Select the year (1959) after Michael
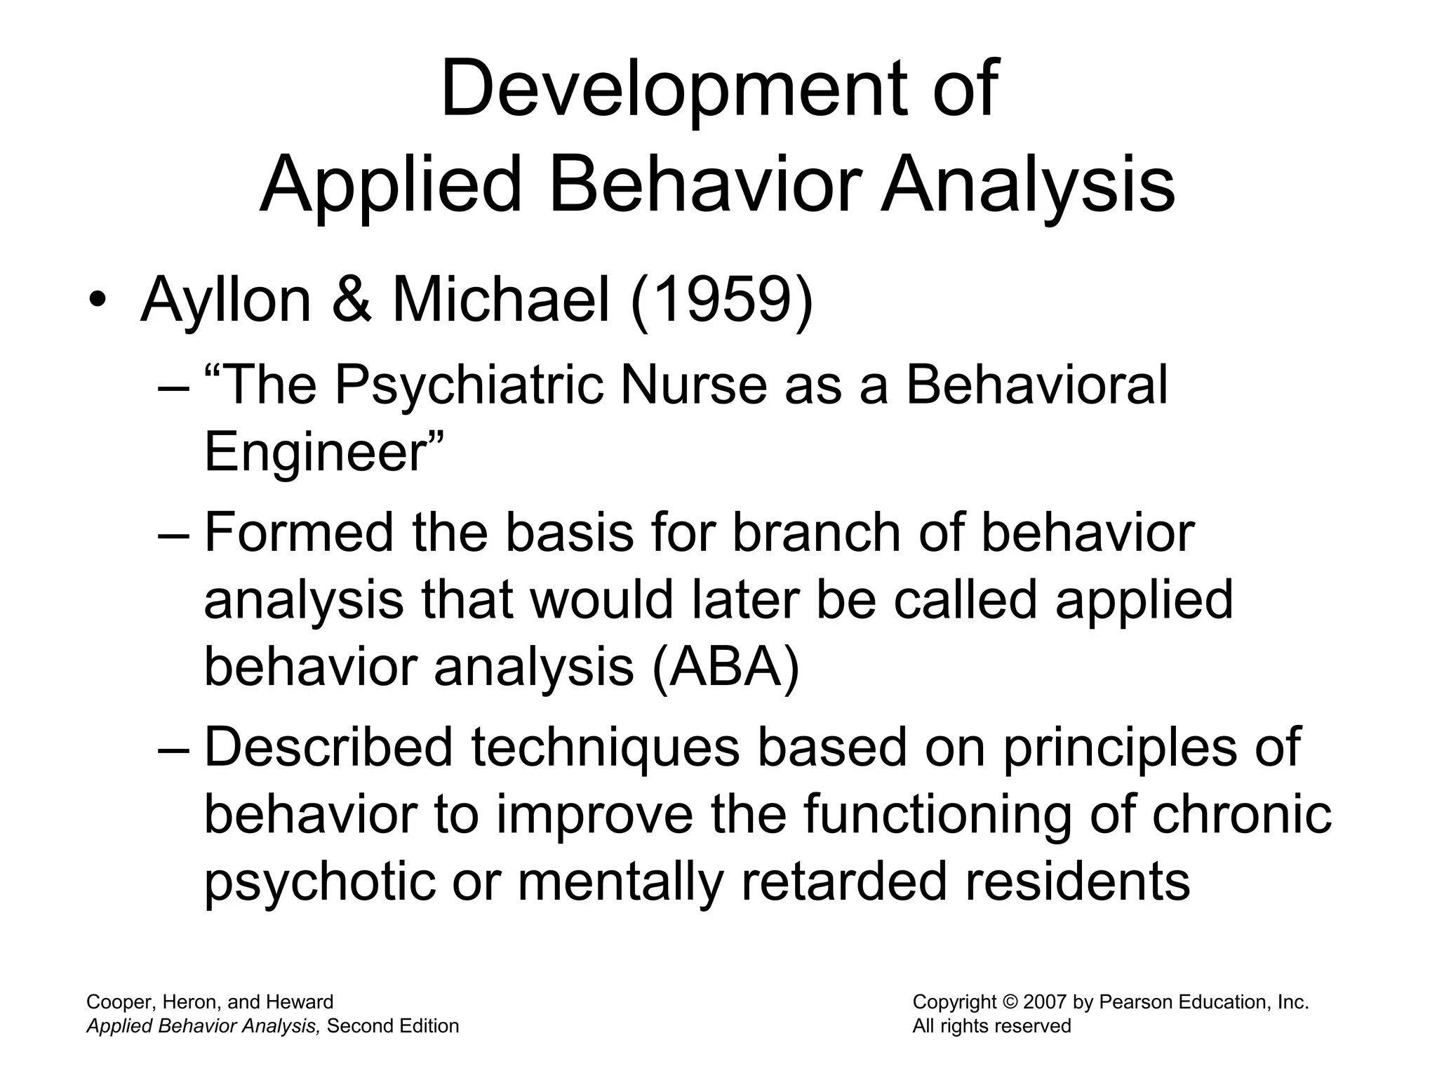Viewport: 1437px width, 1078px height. pyautogui.click(x=722, y=300)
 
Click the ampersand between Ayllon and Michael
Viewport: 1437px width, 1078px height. pyautogui.click(x=352, y=300)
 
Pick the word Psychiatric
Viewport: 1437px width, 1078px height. pyautogui.click(x=469, y=386)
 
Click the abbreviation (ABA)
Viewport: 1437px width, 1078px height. pyautogui.click(x=726, y=667)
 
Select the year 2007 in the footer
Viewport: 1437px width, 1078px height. pyautogui.click(x=1045, y=1003)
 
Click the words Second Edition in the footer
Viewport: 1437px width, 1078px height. pyautogui.click(x=393, y=1027)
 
